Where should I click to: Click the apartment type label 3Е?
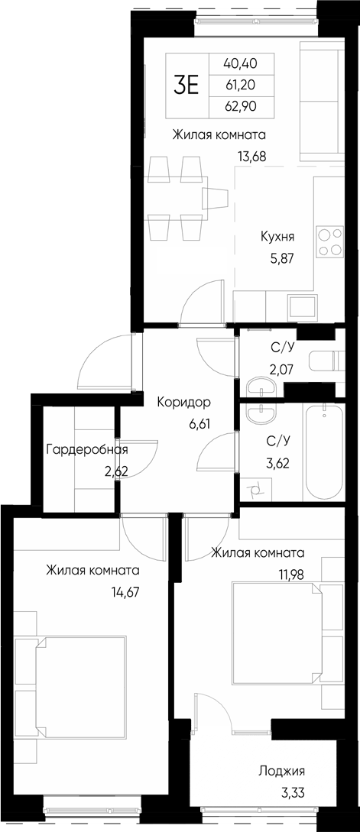pos(186,85)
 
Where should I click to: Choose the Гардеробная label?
pos(86,449)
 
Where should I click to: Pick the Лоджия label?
pos(281,771)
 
